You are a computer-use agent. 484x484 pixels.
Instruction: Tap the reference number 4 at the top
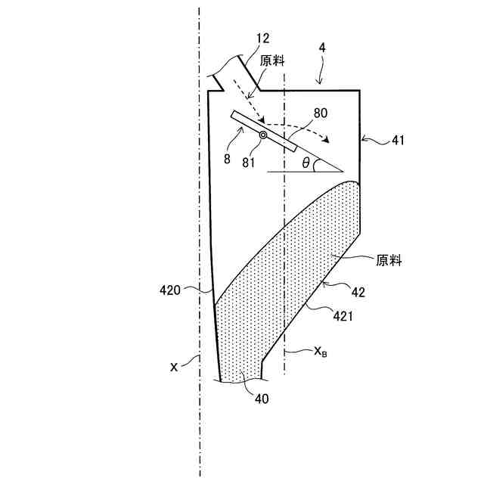pyautogui.click(x=323, y=47)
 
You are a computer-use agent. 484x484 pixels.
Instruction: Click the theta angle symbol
pyautogui.click(x=305, y=162)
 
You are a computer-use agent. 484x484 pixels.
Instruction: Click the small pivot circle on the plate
pyautogui.click(x=263, y=135)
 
